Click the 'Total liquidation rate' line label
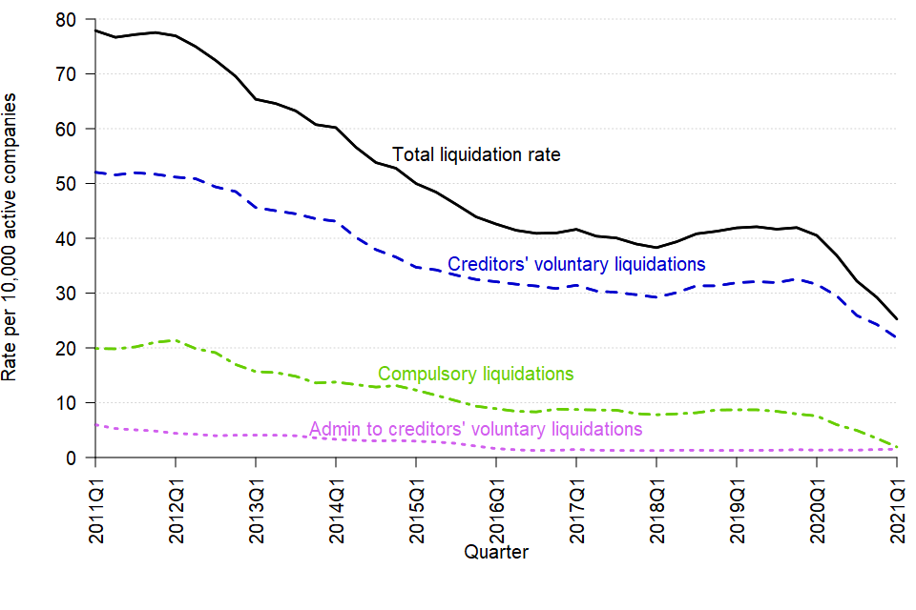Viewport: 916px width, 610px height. [x=476, y=154]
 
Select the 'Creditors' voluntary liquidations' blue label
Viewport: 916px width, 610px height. [x=576, y=264]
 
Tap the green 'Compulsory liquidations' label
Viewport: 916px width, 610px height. [x=475, y=374]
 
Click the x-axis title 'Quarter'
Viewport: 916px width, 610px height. [x=495, y=552]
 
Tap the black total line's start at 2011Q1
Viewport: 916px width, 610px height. [x=95, y=30]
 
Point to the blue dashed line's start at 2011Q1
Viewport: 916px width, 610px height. [x=95, y=173]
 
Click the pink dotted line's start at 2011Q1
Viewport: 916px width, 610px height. [x=95, y=425]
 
